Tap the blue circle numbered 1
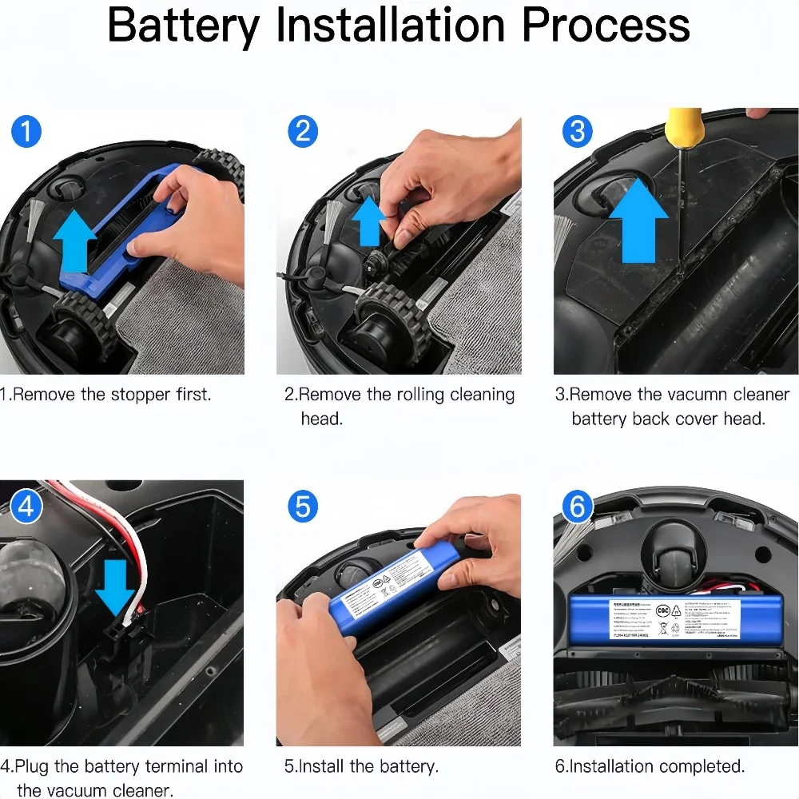coord(26,130)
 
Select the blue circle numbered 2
coord(302,130)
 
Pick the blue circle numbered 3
coord(578,130)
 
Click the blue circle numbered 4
coord(26,506)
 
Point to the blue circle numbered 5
coord(302,506)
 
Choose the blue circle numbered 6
coord(578,506)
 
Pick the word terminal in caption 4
coord(169,766)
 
